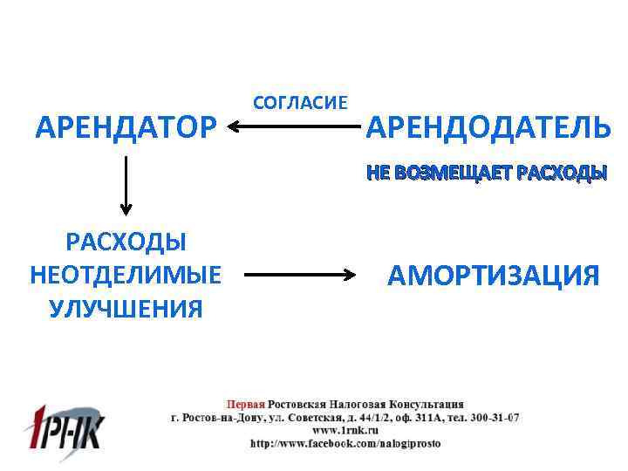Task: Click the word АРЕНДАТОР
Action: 126,128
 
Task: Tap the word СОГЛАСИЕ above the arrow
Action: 299,103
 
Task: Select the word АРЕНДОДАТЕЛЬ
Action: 488,128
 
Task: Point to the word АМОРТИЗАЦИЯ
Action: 494,276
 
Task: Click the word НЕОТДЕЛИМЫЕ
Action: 126,275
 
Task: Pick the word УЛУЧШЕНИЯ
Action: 126,308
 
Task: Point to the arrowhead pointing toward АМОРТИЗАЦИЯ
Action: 352,276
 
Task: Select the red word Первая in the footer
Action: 245,405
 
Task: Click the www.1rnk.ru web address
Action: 345,430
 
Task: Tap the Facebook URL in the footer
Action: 345,443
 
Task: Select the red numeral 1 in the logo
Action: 39,427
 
